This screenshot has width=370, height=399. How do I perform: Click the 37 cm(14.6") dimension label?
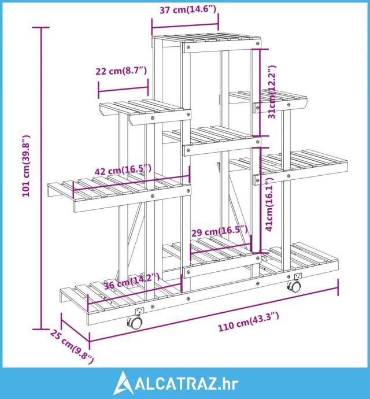click(184, 9)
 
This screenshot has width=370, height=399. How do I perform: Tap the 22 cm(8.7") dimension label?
click(121, 71)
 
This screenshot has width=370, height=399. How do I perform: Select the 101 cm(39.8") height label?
click(25, 167)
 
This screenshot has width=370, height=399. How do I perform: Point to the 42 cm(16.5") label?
click(123, 169)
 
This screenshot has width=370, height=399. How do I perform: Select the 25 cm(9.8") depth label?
click(72, 345)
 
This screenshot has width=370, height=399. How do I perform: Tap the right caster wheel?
click(294, 286)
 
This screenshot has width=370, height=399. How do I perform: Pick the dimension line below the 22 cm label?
click(123, 88)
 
